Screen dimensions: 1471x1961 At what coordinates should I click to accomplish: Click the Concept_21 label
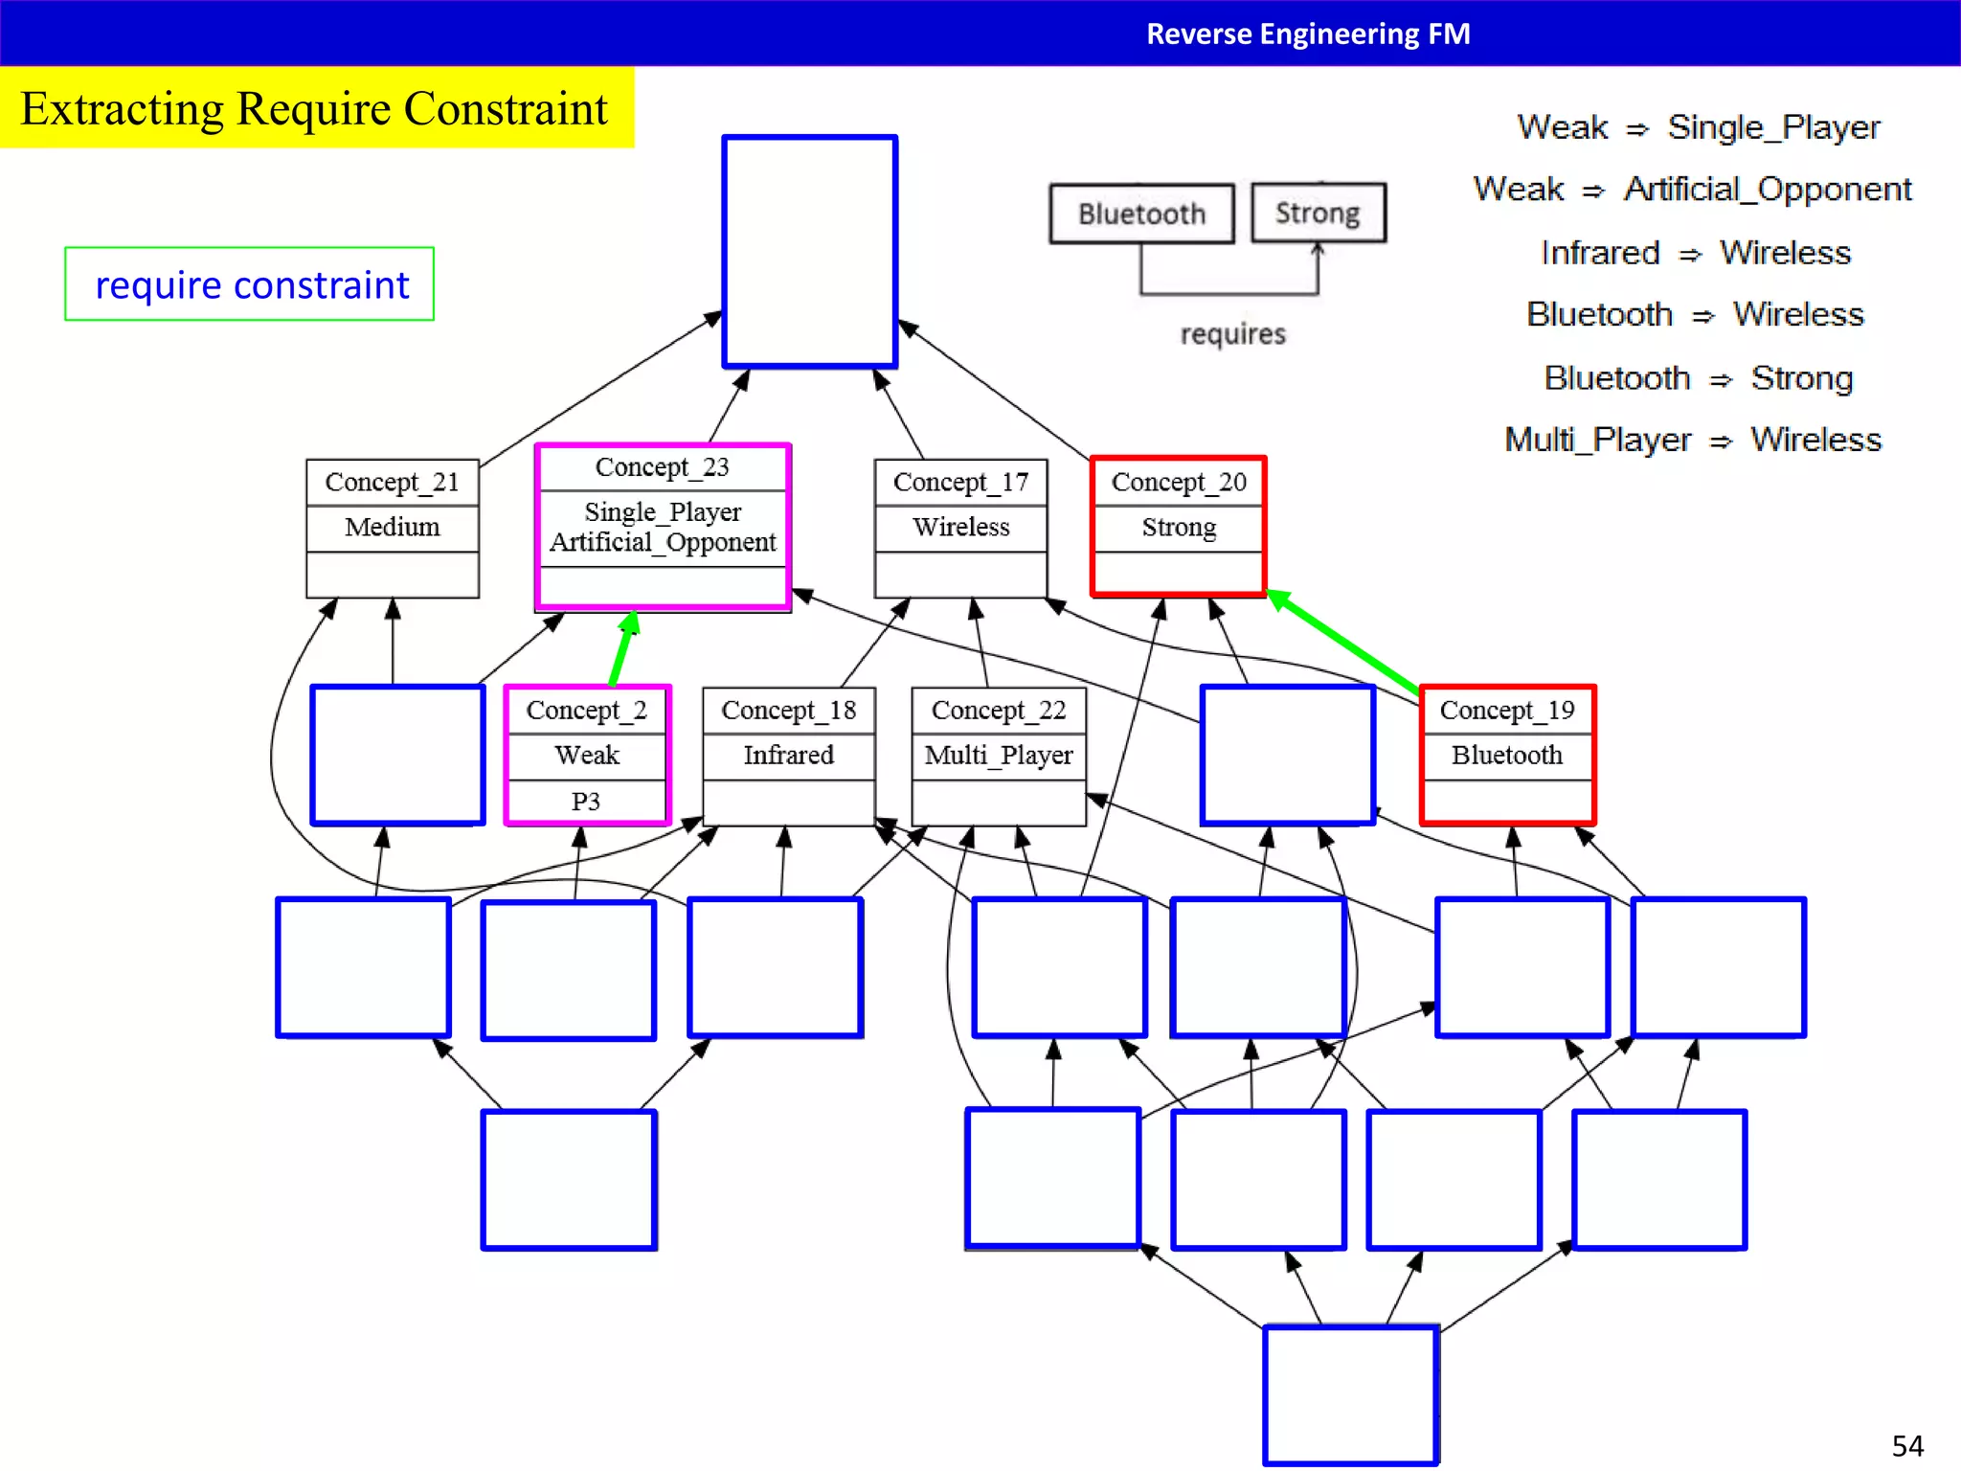click(392, 482)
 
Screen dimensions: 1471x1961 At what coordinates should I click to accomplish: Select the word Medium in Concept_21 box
click(392, 527)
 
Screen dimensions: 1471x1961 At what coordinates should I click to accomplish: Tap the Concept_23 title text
click(662, 467)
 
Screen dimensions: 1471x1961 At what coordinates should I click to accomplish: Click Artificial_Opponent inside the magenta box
click(663, 542)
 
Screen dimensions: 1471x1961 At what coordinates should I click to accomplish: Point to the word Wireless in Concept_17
click(960, 527)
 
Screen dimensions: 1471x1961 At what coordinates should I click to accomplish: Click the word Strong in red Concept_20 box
click(1179, 527)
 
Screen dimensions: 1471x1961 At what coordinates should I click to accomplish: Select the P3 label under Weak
click(586, 802)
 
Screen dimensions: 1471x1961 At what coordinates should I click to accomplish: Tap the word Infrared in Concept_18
click(788, 755)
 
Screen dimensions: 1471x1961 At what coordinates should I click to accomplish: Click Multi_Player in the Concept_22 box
click(998, 755)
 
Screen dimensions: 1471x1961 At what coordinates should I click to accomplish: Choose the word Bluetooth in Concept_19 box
click(1506, 755)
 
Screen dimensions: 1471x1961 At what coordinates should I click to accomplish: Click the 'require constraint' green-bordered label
click(251, 284)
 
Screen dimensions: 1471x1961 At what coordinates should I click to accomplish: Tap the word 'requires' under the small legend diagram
click(1232, 334)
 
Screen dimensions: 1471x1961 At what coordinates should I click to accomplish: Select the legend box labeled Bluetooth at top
click(1141, 214)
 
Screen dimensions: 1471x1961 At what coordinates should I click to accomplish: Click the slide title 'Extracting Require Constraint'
click(314, 108)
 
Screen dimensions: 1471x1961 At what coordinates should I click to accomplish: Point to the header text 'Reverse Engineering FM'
click(1308, 34)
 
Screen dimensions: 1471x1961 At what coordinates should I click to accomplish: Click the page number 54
click(1906, 1445)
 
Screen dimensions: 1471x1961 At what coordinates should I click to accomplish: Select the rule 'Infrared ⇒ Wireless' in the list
click(1695, 253)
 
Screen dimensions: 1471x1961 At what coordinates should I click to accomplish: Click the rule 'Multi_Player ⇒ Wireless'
click(1692, 440)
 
